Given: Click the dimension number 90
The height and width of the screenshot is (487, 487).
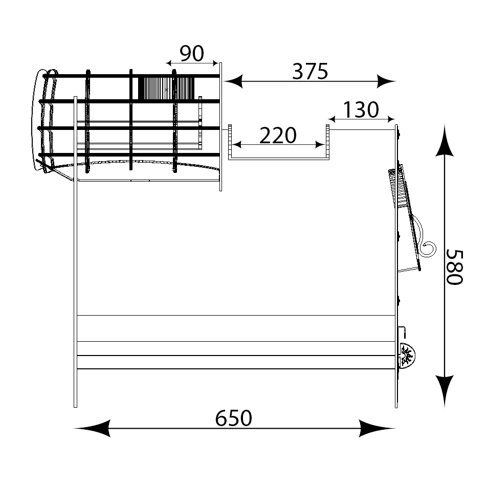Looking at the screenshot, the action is pyautogui.click(x=192, y=53).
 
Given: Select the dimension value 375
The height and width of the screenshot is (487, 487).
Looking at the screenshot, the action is pyautogui.click(x=310, y=72).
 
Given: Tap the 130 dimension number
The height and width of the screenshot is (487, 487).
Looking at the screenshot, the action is pyautogui.click(x=361, y=109).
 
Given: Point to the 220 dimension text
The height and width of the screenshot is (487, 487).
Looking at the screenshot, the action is pyautogui.click(x=278, y=136).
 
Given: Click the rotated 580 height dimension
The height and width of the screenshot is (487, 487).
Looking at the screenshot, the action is pyautogui.click(x=454, y=267).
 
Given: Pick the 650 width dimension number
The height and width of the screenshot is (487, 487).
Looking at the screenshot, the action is pyautogui.click(x=234, y=418).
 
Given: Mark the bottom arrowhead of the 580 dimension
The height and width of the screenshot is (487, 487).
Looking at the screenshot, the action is pyautogui.click(x=445, y=391).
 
